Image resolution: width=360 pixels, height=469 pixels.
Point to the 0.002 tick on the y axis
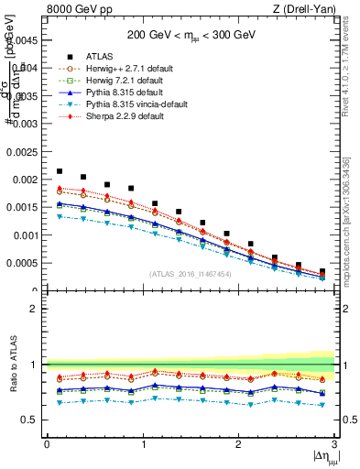click(25, 180)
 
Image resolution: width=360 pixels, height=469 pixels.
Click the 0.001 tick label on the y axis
click(25, 235)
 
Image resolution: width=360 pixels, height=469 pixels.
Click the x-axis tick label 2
click(238, 444)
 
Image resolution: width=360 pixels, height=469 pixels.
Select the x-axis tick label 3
click(334, 444)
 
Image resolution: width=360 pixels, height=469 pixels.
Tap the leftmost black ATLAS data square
click(60, 171)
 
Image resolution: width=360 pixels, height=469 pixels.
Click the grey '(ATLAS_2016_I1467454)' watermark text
click(191, 274)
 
